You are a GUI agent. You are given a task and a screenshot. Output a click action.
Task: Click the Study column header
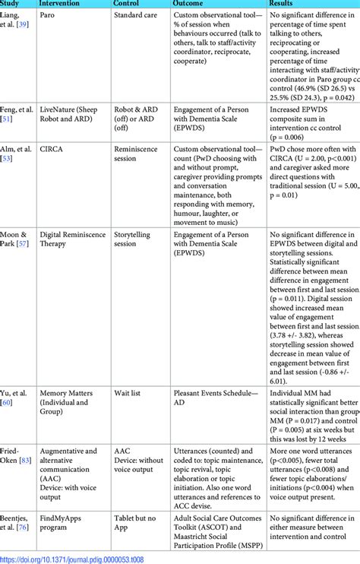11,2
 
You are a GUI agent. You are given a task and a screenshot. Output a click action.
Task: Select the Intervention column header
62,2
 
